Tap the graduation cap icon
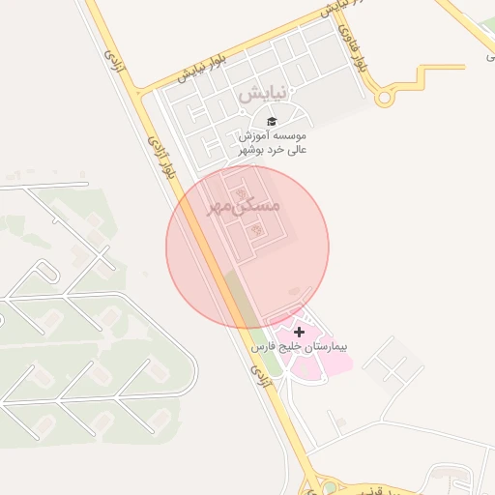tap(272, 121)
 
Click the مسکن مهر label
tap(243, 206)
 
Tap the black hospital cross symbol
tap(298, 332)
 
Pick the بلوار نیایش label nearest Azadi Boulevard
tap(203, 68)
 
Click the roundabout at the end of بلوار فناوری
tap(385, 97)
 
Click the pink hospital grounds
tap(319, 358)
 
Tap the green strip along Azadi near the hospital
tap(242, 295)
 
